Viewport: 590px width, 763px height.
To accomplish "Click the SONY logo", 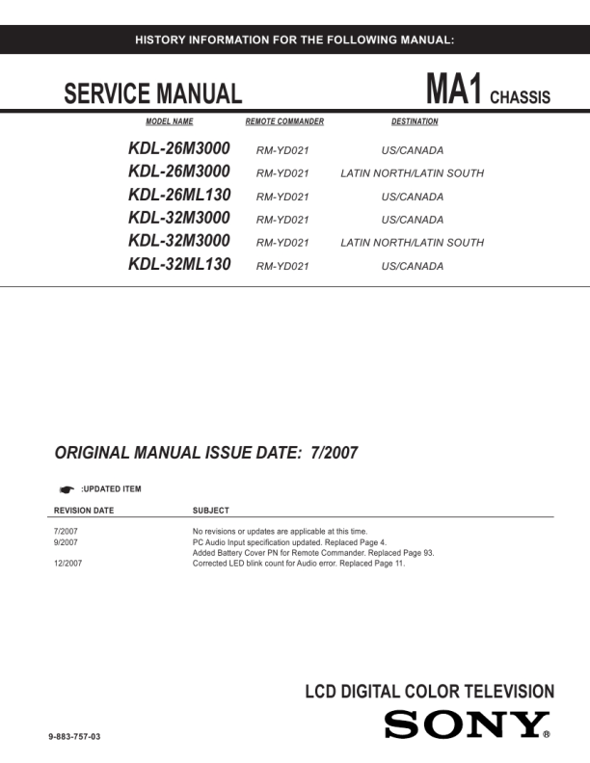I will pyautogui.click(x=467, y=724).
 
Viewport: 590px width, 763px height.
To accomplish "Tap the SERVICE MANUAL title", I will pyautogui.click(x=152, y=94).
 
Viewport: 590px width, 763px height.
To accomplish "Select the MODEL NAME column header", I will pyautogui.click(x=170, y=122).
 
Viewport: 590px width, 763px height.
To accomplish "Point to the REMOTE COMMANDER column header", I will pyautogui.click(x=284, y=122).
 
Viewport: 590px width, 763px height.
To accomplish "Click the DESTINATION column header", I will pyautogui.click(x=415, y=122).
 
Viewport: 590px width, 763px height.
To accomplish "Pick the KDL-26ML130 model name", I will pyautogui.click(x=179, y=195).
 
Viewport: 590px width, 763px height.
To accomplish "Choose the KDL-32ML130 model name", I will pyautogui.click(x=179, y=264).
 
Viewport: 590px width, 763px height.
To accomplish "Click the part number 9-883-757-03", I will pyautogui.click(x=74, y=737).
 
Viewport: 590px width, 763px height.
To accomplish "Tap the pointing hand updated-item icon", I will pyautogui.click(x=67, y=489).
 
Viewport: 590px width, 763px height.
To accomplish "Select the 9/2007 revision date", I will pyautogui.click(x=66, y=542).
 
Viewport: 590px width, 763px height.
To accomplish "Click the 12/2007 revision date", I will pyautogui.click(x=68, y=564).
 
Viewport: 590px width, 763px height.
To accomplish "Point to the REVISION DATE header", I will pyautogui.click(x=84, y=510).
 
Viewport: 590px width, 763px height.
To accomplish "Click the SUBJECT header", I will pyautogui.click(x=211, y=510).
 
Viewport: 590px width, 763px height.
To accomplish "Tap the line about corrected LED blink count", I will pyautogui.click(x=299, y=564).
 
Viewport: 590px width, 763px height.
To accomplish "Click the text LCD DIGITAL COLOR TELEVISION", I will pyautogui.click(x=429, y=692).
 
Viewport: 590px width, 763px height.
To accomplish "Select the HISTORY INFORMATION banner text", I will pyautogui.click(x=294, y=39).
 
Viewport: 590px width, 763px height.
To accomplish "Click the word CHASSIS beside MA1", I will pyautogui.click(x=520, y=97).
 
